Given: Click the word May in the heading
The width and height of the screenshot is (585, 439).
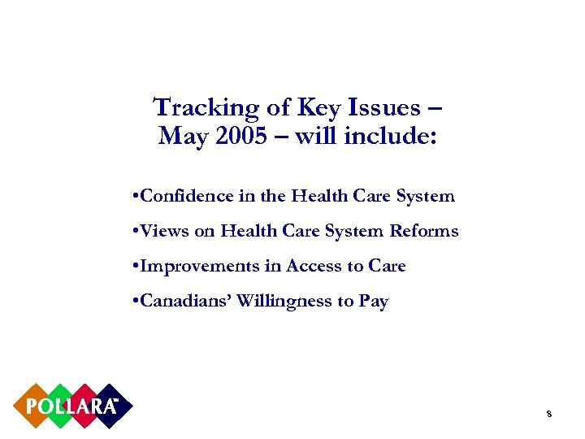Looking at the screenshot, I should click(181, 136).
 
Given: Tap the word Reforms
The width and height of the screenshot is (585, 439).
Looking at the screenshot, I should click(425, 231).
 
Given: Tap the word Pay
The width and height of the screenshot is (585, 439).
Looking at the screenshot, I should click(373, 302).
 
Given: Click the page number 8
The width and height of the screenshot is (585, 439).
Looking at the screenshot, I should click(549, 415).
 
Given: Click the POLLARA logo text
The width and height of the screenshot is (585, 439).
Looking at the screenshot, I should click(72, 406).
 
